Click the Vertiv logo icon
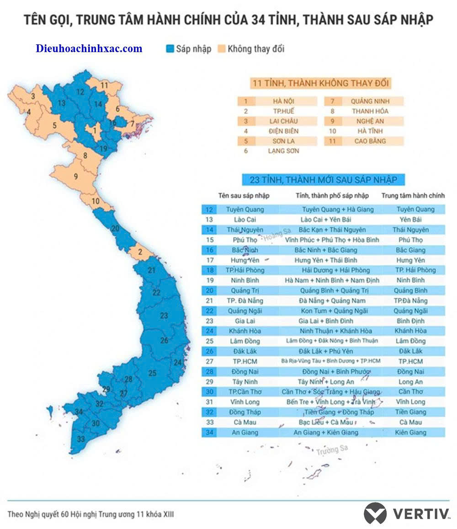(375, 513)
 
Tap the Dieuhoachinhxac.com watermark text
(89, 48)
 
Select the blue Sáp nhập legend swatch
(170, 49)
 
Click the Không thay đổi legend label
(256, 49)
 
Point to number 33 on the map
(81, 439)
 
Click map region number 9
(76, 176)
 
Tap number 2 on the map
(140, 251)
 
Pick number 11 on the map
(105, 85)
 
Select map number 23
(164, 315)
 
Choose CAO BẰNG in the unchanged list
(370, 141)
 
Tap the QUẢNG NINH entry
(370, 101)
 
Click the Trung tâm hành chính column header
(413, 196)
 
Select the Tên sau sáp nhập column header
(244, 196)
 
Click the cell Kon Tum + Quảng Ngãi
(332, 310)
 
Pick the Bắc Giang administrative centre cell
(410, 250)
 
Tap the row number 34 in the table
(209, 432)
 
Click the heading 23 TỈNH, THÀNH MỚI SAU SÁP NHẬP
(320, 180)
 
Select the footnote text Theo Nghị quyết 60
(90, 514)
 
